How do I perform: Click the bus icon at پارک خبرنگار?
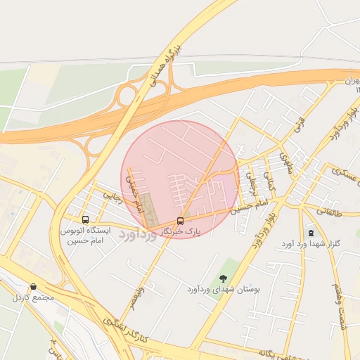tap(181, 221)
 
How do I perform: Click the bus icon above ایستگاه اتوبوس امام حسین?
tap(85, 219)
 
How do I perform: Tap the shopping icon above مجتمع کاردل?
tap(33, 287)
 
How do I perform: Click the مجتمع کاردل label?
tap(33, 297)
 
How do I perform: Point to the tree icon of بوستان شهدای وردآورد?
tap(224, 279)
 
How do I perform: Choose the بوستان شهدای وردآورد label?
tap(224, 289)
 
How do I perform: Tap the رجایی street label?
tap(112, 197)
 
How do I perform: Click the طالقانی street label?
tap(328, 210)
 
